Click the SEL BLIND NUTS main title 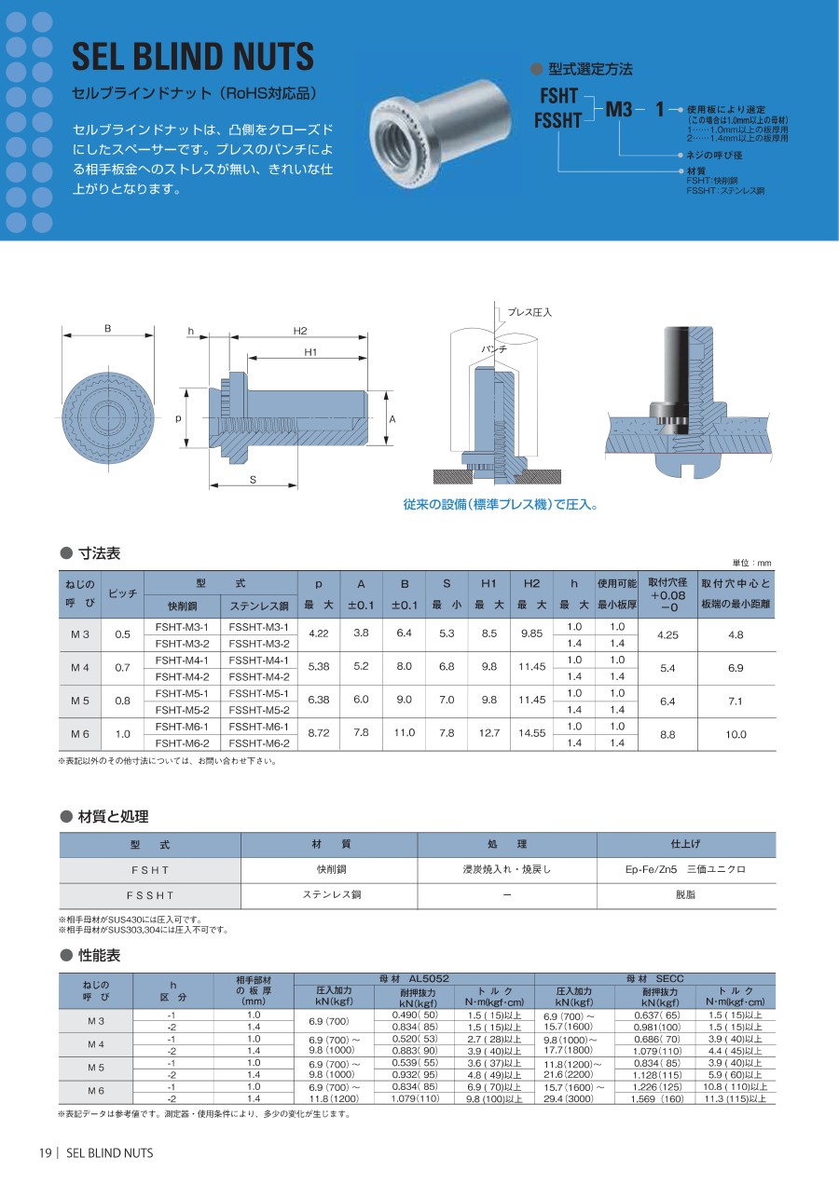pyautogui.click(x=193, y=57)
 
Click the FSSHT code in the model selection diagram pyautogui.click(x=557, y=120)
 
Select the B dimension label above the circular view pyautogui.click(x=108, y=329)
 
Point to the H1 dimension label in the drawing pyautogui.click(x=310, y=352)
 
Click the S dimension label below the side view pyautogui.click(x=253, y=480)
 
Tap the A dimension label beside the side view pyautogui.click(x=392, y=419)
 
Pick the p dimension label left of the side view pyautogui.click(x=178, y=418)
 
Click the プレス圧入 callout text pyautogui.click(x=530, y=313)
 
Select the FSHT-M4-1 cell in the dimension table pyautogui.click(x=182, y=661)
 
